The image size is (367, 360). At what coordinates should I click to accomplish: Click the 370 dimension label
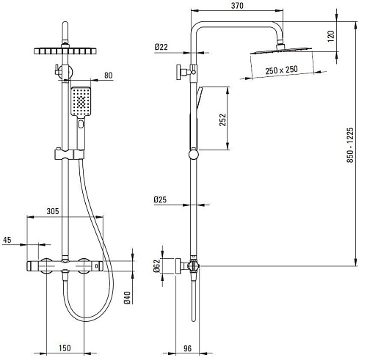(x=237, y=6)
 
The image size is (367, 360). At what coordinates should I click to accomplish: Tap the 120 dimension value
(x=330, y=36)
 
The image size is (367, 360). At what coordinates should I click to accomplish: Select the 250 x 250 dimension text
(x=282, y=70)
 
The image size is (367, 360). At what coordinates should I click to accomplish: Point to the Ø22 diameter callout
(x=161, y=47)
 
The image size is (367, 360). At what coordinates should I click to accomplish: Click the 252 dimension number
(x=222, y=120)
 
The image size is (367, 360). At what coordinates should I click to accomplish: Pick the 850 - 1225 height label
(x=350, y=145)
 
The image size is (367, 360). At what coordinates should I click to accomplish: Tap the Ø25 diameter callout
(x=160, y=199)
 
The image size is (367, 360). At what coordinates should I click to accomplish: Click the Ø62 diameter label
(x=156, y=266)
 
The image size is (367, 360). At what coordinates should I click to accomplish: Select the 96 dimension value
(x=187, y=348)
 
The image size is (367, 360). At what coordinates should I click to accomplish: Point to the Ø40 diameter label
(x=127, y=298)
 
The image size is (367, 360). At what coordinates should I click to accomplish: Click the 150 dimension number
(x=65, y=348)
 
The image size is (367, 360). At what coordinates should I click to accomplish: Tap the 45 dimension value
(x=7, y=240)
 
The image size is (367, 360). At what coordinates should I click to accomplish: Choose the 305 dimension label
(x=53, y=211)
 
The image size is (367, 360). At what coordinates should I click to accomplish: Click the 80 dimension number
(x=109, y=76)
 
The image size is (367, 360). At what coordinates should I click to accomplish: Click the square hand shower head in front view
(x=81, y=101)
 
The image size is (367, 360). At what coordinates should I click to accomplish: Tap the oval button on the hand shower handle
(x=81, y=125)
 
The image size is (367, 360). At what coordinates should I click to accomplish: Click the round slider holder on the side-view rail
(x=194, y=155)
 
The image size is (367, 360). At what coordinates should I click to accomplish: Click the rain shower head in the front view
(x=65, y=51)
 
